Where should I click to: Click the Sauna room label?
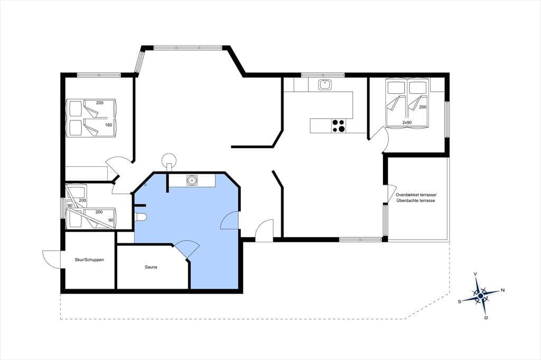click(151, 267)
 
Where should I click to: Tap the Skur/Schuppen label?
click(89, 260)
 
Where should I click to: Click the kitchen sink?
click(325, 84)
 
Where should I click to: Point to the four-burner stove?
click(338, 126)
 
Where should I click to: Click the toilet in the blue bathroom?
click(142, 216)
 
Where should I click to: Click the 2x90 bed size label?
click(407, 123)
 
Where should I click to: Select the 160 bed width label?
click(109, 125)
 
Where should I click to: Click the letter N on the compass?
click(503, 290)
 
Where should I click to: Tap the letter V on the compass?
click(475, 274)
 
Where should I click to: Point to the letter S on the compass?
click(459, 301)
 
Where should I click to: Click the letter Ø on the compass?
click(486, 318)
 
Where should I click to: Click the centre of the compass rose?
click(480, 296)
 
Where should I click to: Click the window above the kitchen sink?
click(323, 75)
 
